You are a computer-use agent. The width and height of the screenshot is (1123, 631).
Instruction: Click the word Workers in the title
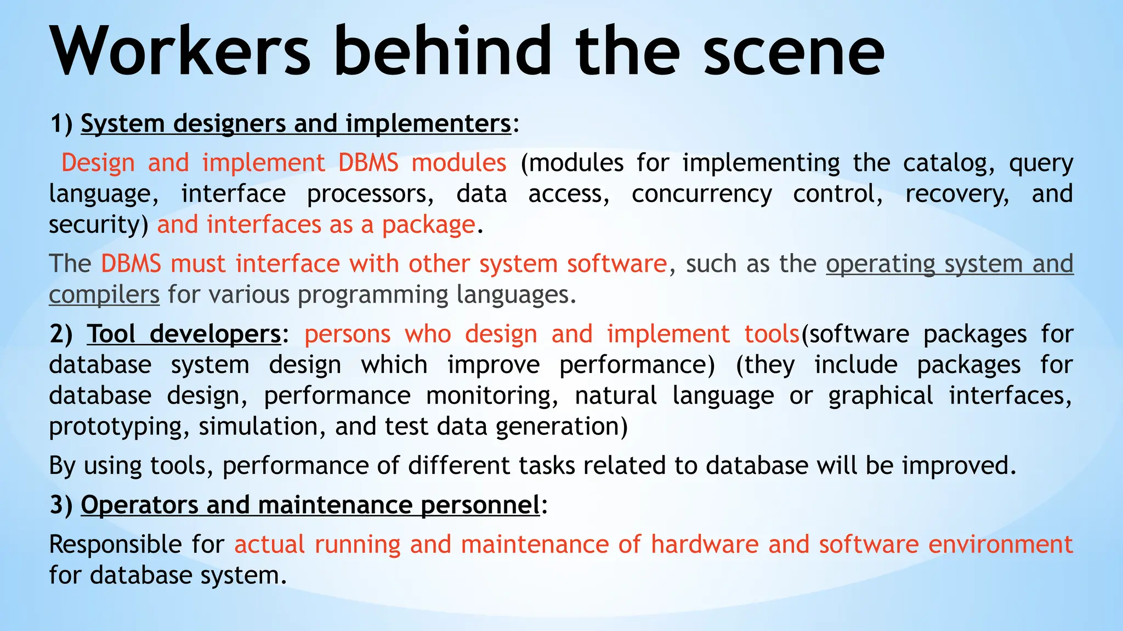pos(181,52)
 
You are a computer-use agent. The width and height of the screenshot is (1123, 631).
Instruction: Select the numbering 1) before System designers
pos(61,123)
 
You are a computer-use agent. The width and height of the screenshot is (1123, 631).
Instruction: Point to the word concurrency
pos(701,194)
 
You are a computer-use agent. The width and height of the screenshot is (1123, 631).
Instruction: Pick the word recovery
pos(956,194)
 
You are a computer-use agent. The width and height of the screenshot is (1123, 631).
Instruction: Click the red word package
pos(428,225)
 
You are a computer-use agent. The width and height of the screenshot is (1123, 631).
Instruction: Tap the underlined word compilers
pos(104,295)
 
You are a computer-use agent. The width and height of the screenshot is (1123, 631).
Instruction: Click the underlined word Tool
pos(111,334)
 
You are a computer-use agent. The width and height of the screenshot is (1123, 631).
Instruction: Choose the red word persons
pos(347,334)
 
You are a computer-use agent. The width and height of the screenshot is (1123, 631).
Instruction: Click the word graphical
pos(880,395)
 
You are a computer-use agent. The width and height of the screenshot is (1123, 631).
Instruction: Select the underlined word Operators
pos(139,505)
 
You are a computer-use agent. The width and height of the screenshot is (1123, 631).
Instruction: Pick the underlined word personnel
pos(480,505)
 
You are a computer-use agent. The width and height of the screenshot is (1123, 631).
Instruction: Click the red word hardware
pos(704,544)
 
